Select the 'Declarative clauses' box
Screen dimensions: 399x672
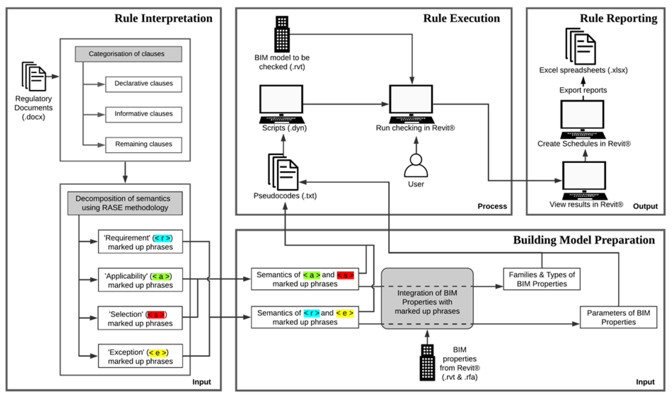coord(143,84)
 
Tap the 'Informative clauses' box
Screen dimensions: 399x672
coord(143,115)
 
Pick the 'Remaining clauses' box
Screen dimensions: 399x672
coord(143,145)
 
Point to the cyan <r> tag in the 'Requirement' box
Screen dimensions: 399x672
coord(162,238)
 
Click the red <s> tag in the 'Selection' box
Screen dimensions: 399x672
coord(156,314)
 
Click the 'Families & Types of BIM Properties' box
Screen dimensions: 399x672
coord(541,279)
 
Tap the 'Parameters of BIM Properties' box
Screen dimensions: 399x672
coord(618,317)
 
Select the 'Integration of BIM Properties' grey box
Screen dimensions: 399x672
coord(427,298)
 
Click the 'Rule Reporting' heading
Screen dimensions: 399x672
coord(618,18)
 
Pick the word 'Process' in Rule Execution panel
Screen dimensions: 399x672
coord(492,206)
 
